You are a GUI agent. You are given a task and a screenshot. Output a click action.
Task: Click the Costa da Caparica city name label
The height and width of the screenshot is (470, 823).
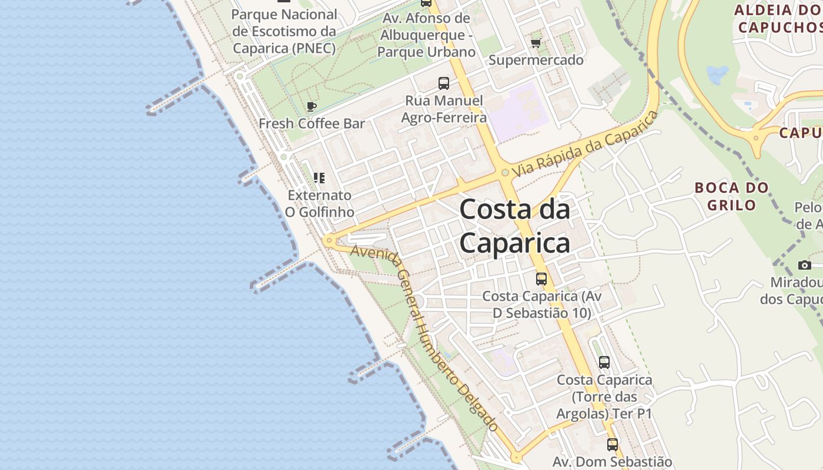click(x=515, y=226)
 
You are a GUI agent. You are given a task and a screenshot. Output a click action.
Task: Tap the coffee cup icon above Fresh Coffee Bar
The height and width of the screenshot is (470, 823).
click(x=312, y=106)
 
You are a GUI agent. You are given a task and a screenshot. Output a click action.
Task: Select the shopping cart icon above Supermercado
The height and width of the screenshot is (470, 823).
click(x=536, y=43)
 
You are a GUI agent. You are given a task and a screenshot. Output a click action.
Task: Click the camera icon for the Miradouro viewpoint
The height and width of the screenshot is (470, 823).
click(x=805, y=266)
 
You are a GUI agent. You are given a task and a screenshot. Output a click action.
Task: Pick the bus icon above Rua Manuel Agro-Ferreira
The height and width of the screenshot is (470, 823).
click(x=444, y=83)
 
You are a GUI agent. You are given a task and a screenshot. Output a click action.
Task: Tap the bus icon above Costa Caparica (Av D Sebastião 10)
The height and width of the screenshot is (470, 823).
click(x=541, y=279)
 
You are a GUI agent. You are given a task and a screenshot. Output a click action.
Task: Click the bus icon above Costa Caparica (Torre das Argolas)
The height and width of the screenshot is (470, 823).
click(x=604, y=362)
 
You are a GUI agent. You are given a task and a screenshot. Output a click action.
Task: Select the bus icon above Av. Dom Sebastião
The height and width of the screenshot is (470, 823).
click(x=613, y=445)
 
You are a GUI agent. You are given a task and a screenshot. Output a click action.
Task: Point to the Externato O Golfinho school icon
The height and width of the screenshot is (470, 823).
click(x=319, y=177)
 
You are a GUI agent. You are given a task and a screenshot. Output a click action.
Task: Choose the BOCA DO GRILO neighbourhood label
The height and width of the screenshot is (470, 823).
click(x=732, y=196)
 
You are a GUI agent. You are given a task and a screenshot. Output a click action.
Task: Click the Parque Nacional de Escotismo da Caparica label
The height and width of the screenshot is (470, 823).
click(x=285, y=31)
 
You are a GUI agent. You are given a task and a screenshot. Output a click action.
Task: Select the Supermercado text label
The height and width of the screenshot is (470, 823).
click(x=536, y=60)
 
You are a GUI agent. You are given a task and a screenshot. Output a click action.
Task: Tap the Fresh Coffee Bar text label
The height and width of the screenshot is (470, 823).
click(x=312, y=123)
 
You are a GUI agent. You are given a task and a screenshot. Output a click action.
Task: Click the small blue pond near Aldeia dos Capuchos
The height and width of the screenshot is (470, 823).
click(x=717, y=75)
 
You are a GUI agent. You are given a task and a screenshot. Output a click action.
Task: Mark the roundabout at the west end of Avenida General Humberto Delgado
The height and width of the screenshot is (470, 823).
click(x=328, y=240)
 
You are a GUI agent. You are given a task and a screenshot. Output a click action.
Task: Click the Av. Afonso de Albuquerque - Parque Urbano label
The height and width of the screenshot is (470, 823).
click(x=426, y=35)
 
